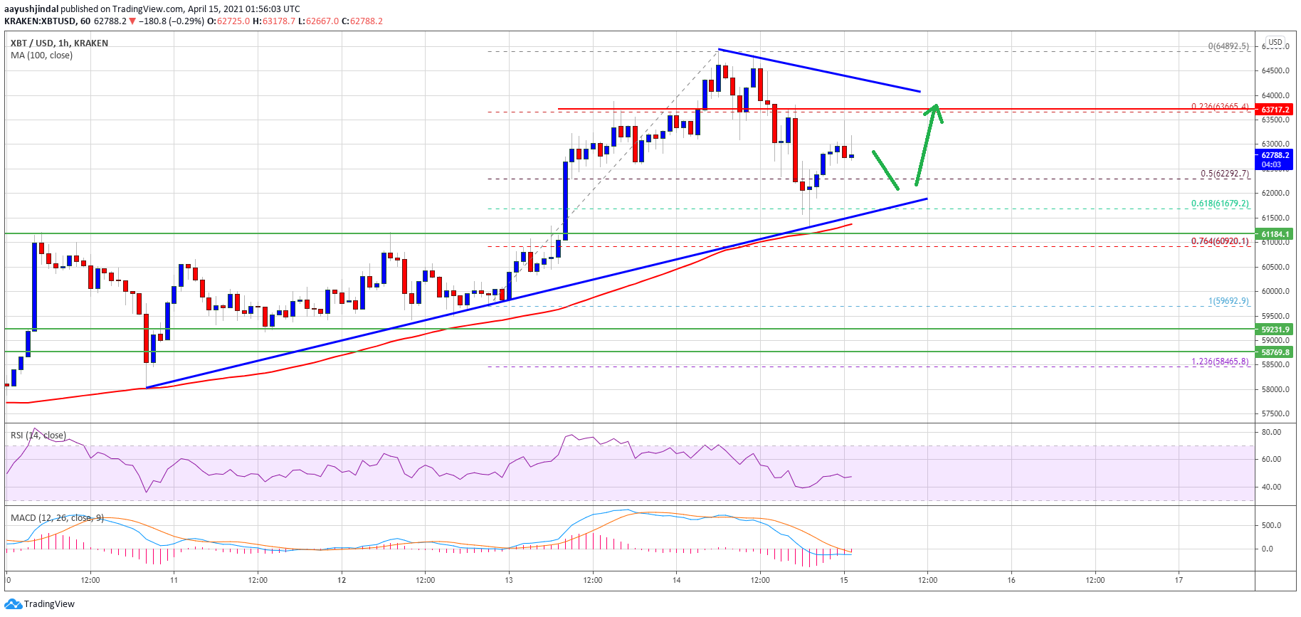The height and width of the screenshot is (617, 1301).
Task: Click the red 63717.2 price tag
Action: click(x=1275, y=110)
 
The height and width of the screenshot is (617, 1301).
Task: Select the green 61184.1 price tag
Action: click(x=1275, y=234)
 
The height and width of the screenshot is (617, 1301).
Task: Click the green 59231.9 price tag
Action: click(x=1275, y=329)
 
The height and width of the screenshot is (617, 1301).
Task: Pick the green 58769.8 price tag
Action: click(x=1275, y=352)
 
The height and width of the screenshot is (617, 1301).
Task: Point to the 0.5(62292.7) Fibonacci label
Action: click(x=1224, y=174)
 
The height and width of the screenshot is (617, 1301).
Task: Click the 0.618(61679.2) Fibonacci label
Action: click(x=1220, y=204)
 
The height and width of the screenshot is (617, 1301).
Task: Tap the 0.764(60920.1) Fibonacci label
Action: click(x=1220, y=241)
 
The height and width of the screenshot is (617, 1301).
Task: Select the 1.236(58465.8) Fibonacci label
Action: click(x=1220, y=362)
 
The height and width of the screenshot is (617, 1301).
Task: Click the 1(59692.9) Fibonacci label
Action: click(x=1228, y=301)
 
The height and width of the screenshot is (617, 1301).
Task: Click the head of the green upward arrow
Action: click(x=936, y=109)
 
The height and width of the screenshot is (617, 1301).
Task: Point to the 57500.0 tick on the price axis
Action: click(x=1275, y=413)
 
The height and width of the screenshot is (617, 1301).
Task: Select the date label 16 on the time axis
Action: click(x=1011, y=580)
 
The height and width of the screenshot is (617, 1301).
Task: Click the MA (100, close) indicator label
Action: click(x=41, y=56)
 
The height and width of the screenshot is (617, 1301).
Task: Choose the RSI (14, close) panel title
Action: click(x=38, y=435)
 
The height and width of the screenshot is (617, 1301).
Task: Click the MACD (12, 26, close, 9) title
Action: click(x=57, y=517)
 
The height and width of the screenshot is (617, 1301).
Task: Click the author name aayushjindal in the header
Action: click(x=31, y=9)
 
